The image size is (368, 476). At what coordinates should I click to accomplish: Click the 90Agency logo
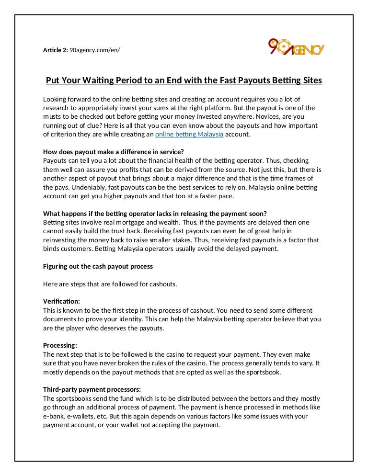tap(296, 48)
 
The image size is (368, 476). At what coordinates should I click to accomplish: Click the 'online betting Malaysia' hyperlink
tap(189, 135)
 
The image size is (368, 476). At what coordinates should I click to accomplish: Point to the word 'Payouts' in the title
tap(248, 80)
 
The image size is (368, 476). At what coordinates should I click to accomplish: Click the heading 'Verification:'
tap(61, 301)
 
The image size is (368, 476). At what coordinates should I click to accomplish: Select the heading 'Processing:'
tap(60, 345)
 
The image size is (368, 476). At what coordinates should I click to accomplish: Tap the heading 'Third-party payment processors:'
tap(92, 389)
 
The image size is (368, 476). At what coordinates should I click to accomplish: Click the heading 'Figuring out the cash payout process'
tap(98, 266)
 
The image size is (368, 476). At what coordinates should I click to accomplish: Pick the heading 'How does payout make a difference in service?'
tap(110, 152)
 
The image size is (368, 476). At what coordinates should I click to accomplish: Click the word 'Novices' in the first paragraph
tap(267, 117)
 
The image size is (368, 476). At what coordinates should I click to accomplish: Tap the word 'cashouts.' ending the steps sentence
tap(161, 284)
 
